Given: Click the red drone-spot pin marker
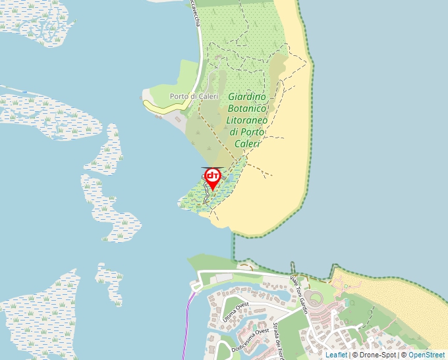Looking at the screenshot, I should (x=213, y=179).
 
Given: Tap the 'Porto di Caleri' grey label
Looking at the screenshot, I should (x=194, y=96).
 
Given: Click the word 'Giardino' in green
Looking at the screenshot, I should (x=246, y=97).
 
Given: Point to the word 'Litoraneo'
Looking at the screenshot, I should (x=246, y=120).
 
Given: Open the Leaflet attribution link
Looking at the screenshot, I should (x=336, y=355).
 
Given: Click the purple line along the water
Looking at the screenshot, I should (x=188, y=322).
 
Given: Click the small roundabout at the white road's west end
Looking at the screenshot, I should (x=195, y=286).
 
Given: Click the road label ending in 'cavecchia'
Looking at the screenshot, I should (x=196, y=13).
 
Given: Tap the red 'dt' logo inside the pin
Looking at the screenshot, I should (x=213, y=176).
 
